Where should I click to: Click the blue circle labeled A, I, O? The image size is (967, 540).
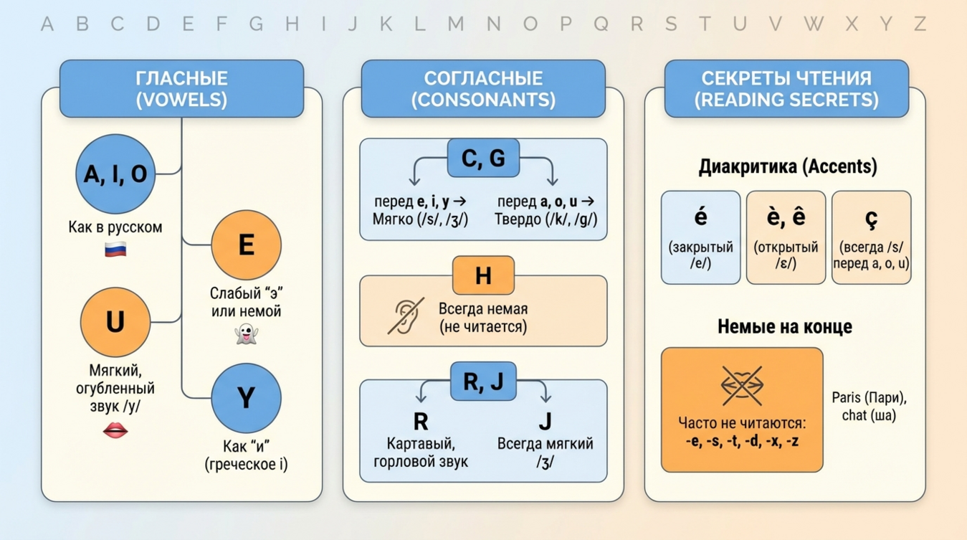click(x=115, y=174)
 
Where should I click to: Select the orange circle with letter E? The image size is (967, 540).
click(x=246, y=245)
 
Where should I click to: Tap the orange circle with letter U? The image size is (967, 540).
click(x=115, y=322)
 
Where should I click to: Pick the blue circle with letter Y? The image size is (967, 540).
click(x=246, y=398)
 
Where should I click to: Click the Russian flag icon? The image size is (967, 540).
click(x=115, y=250)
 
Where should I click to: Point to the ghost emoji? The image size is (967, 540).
click(x=246, y=334)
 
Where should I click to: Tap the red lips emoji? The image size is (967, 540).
click(x=115, y=430)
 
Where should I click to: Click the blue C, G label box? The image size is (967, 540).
click(x=483, y=158)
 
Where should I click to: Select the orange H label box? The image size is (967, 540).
click(x=483, y=275)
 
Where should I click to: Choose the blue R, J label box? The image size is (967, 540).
click(x=483, y=382)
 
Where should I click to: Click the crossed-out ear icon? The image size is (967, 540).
click(x=406, y=316)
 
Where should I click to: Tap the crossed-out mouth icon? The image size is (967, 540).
click(x=742, y=385)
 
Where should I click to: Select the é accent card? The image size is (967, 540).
click(x=700, y=237)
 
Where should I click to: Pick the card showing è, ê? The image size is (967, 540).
click(x=786, y=237)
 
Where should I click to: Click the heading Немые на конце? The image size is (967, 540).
click(x=785, y=327)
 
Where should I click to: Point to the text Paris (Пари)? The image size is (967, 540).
click(x=869, y=398)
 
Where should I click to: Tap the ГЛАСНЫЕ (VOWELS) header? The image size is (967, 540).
click(x=181, y=89)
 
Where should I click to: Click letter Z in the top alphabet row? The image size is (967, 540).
click(x=920, y=24)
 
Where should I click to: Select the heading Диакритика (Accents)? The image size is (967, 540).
click(x=787, y=167)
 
